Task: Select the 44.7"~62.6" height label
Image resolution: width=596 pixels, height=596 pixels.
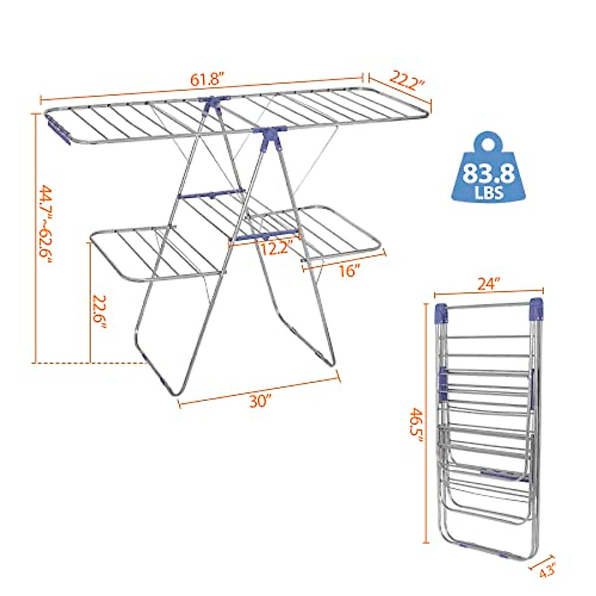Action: pyautogui.click(x=45, y=225)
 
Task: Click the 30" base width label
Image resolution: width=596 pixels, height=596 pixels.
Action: pyautogui.click(x=259, y=401)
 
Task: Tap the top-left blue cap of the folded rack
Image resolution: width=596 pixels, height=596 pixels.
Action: pyautogui.click(x=441, y=312)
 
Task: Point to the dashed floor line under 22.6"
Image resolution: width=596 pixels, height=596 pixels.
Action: pyautogui.click(x=89, y=363)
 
